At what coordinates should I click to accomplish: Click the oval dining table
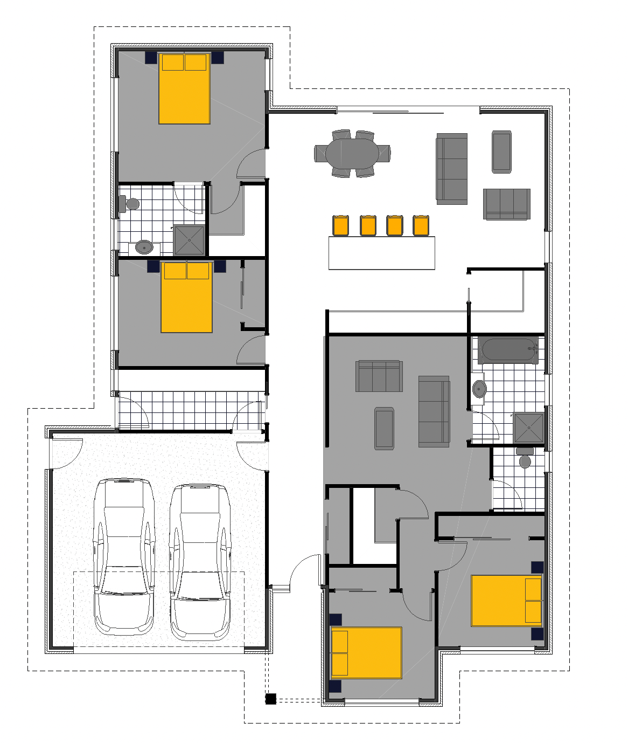tap(352, 153)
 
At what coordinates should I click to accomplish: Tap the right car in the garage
tap(200, 561)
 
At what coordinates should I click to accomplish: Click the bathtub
tap(508, 350)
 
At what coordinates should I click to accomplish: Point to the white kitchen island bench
tap(381, 252)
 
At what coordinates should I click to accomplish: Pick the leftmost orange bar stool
tap(340, 225)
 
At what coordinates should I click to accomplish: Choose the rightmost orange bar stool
tap(421, 225)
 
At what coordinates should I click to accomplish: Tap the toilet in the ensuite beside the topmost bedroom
tap(130, 204)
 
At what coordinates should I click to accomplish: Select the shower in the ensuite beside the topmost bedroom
tap(189, 240)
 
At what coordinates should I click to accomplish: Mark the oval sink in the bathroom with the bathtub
tap(479, 388)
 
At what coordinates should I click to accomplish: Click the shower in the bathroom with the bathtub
tap(528, 428)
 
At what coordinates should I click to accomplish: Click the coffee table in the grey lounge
tap(384, 428)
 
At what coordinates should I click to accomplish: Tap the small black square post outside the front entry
tap(270, 699)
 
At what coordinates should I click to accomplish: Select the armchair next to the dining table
tap(501, 151)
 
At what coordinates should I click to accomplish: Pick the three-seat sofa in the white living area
tap(451, 168)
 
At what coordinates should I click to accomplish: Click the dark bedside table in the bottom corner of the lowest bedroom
tap(335, 686)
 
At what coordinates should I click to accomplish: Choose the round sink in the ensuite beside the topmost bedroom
tap(144, 247)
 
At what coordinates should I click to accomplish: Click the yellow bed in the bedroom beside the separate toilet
tap(506, 601)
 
